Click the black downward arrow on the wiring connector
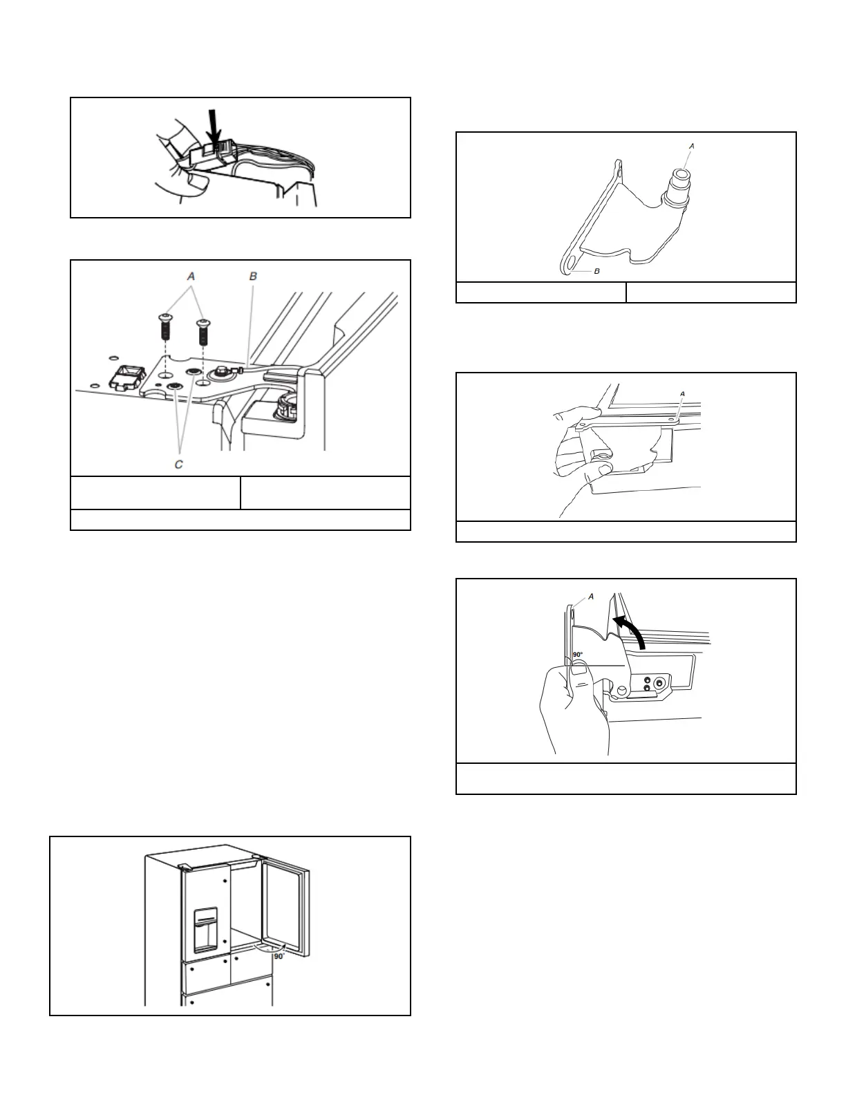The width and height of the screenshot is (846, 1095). click(x=215, y=129)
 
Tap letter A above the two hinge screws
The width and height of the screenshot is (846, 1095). click(x=191, y=276)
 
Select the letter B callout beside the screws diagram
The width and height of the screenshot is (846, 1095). click(x=254, y=276)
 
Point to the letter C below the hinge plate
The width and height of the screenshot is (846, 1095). click(x=179, y=465)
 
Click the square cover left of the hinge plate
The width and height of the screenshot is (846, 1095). click(x=124, y=379)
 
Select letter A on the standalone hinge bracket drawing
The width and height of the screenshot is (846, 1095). click(x=692, y=146)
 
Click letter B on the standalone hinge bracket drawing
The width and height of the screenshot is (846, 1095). click(x=597, y=271)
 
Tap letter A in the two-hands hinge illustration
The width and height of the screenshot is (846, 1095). click(x=683, y=394)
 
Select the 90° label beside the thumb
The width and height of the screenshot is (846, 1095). click(x=578, y=655)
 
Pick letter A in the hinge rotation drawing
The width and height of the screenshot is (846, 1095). click(x=591, y=597)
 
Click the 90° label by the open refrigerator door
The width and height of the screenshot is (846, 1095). click(x=279, y=956)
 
